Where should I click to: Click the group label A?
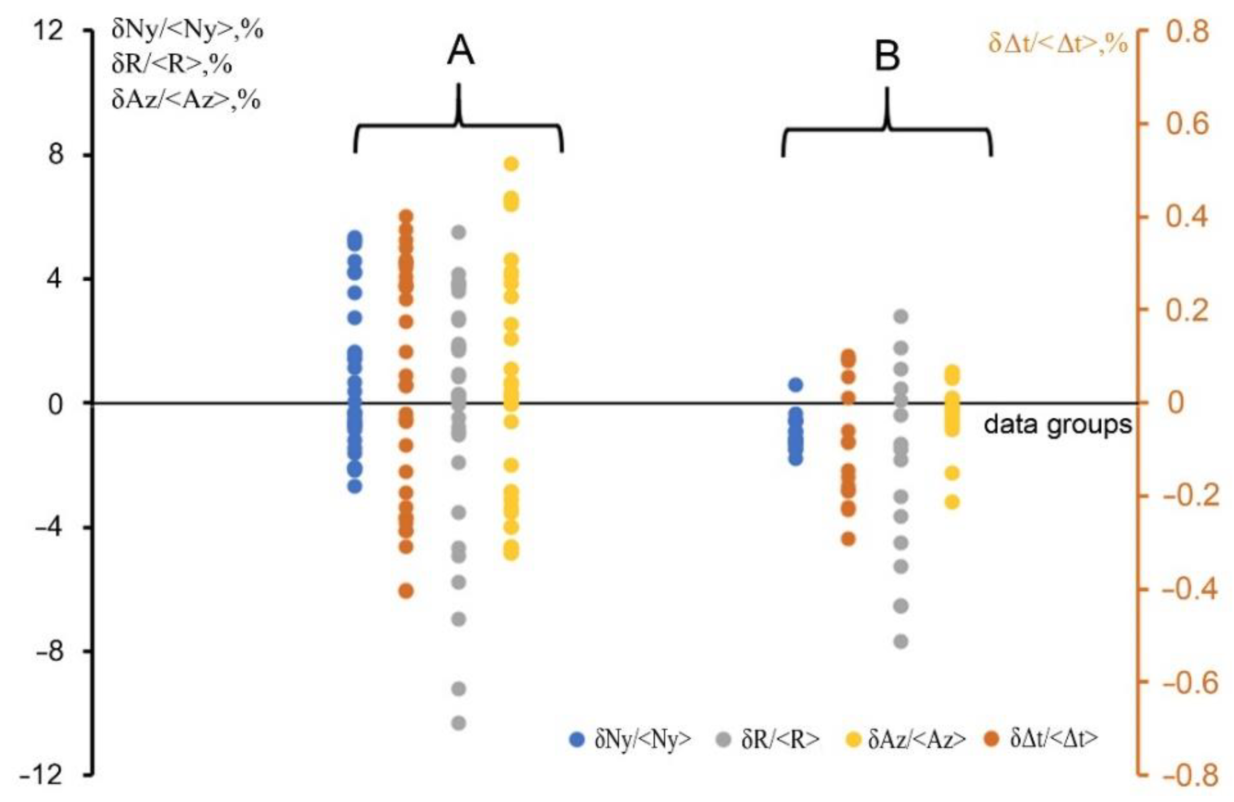tap(460, 52)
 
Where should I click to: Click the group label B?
tap(887, 56)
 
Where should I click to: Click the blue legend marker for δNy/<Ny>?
tap(577, 740)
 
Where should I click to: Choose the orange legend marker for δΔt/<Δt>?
tap(993, 740)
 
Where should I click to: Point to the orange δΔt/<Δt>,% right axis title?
tap(1058, 45)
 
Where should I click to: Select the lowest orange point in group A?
tap(406, 591)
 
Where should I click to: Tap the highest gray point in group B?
tap(901, 316)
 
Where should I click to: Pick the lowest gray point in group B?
tap(901, 642)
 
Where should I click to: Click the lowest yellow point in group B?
tap(952, 502)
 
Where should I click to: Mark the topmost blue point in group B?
tap(796, 385)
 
